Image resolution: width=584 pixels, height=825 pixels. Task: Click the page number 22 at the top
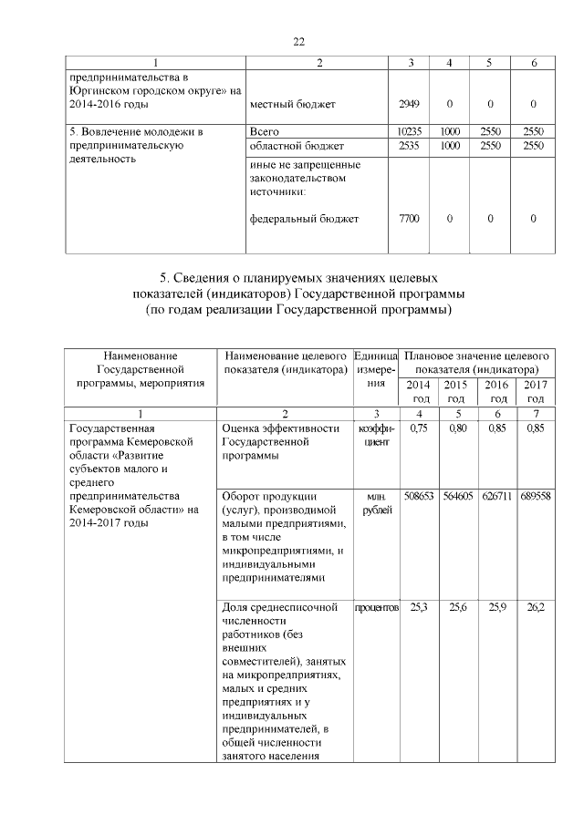point(297,41)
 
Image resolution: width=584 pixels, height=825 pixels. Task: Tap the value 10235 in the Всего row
point(408,132)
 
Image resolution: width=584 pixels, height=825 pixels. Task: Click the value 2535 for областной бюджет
point(408,146)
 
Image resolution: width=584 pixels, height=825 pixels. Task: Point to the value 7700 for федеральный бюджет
point(408,219)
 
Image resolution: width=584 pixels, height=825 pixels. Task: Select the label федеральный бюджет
point(304,219)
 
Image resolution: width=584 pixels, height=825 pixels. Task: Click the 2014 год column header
point(420,392)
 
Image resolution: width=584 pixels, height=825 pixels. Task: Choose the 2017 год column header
point(535,392)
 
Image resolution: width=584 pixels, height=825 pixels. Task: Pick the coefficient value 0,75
point(420,428)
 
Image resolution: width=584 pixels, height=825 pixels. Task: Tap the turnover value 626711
point(496,499)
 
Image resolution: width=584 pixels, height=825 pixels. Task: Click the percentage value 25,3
point(420,607)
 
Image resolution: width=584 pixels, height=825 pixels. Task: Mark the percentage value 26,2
point(535,607)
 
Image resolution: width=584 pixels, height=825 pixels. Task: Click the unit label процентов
point(375,607)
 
